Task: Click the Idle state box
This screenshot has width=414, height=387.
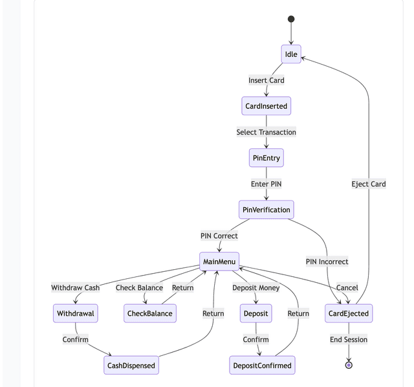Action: (291, 54)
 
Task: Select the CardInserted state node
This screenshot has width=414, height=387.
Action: (266, 106)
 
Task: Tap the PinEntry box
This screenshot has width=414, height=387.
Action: (266, 158)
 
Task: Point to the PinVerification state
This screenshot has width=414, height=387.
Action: (266, 210)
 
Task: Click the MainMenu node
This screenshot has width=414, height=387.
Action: (219, 261)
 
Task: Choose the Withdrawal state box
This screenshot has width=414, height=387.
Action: (76, 313)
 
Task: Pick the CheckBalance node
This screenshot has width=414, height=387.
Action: (150, 313)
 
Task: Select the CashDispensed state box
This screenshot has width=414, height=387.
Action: (131, 365)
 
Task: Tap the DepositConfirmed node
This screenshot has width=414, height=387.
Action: (262, 365)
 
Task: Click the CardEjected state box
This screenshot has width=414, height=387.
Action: (349, 313)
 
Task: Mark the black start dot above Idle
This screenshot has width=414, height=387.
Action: (291, 19)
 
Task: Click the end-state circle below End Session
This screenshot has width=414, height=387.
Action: (349, 365)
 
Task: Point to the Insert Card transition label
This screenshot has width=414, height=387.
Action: (266, 80)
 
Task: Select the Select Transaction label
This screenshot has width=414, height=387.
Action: (266, 132)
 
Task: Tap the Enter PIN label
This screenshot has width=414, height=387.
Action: (266, 184)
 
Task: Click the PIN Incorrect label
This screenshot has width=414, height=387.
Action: (327, 261)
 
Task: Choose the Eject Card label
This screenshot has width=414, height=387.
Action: (369, 184)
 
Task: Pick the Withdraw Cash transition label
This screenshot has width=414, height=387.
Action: (76, 287)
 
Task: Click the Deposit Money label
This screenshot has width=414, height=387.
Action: (256, 287)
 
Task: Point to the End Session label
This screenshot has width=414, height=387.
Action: (349, 339)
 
